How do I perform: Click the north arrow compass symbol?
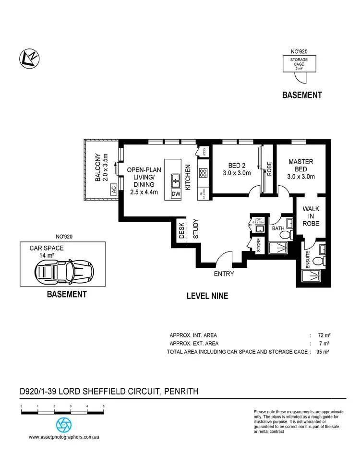(x=30, y=59)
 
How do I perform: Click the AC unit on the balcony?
(x=113, y=190)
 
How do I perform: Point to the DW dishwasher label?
(x=176, y=194)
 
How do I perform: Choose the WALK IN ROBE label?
(x=311, y=216)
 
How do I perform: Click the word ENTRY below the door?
(x=224, y=274)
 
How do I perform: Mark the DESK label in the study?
(x=182, y=229)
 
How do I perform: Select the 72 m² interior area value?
(x=323, y=335)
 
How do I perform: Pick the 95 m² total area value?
(x=323, y=352)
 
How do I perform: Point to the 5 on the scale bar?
(x=104, y=406)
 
